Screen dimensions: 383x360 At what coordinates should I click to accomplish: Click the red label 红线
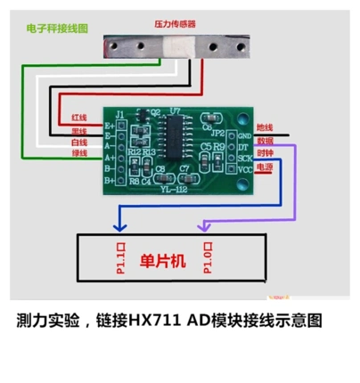pos(78,117)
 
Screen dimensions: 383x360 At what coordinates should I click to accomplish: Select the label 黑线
pos(78,129)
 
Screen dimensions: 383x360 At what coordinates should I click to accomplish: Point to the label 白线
pos(78,141)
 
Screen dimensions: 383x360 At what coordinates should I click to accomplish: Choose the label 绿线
pos(78,153)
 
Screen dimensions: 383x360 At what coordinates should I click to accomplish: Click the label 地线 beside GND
pos(265,128)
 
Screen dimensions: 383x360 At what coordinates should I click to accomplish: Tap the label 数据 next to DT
pos(265,141)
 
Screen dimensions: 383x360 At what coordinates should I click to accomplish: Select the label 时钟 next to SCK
pos(265,153)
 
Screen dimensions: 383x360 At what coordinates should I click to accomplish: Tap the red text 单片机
pos(162,261)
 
